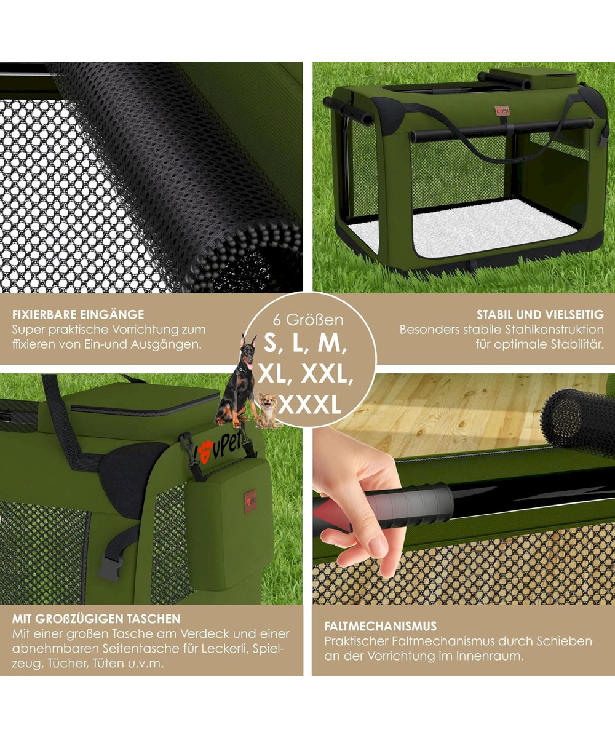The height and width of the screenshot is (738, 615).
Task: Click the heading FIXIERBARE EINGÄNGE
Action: [x=78, y=314]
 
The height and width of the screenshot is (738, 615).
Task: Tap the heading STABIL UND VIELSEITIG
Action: [x=540, y=314]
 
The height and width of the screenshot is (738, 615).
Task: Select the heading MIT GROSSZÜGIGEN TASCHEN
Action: [x=96, y=619]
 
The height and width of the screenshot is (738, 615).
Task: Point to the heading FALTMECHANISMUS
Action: [x=381, y=626]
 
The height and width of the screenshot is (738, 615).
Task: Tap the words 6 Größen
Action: [x=308, y=320]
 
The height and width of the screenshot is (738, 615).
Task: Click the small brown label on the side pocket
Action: [x=250, y=502]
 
